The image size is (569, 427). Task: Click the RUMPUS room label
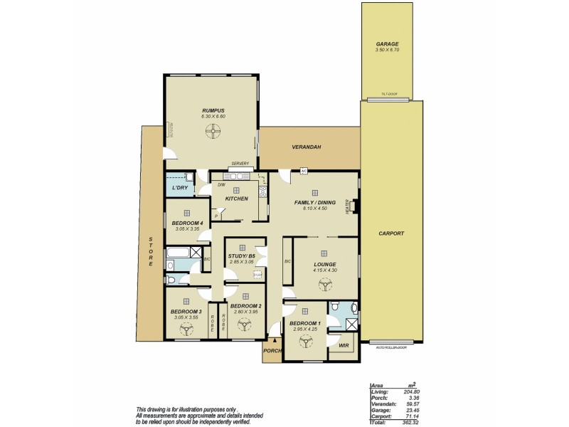click(213, 110)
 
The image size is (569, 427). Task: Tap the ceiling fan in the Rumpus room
click(212, 130)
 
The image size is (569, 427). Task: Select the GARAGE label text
click(387, 43)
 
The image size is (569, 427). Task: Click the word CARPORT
click(391, 233)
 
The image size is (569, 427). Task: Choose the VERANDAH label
click(307, 147)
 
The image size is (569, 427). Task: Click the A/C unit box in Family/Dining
click(303, 171)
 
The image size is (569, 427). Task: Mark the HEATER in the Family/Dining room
click(349, 206)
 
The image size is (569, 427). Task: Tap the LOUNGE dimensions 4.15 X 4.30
click(324, 270)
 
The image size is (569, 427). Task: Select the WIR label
click(344, 346)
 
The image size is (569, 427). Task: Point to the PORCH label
click(272, 350)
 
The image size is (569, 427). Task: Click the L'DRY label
click(179, 187)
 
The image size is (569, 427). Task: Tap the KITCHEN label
click(237, 199)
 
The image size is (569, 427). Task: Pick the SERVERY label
click(240, 164)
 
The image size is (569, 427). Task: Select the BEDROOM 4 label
click(188, 223)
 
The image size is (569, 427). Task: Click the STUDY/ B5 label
click(241, 255)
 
